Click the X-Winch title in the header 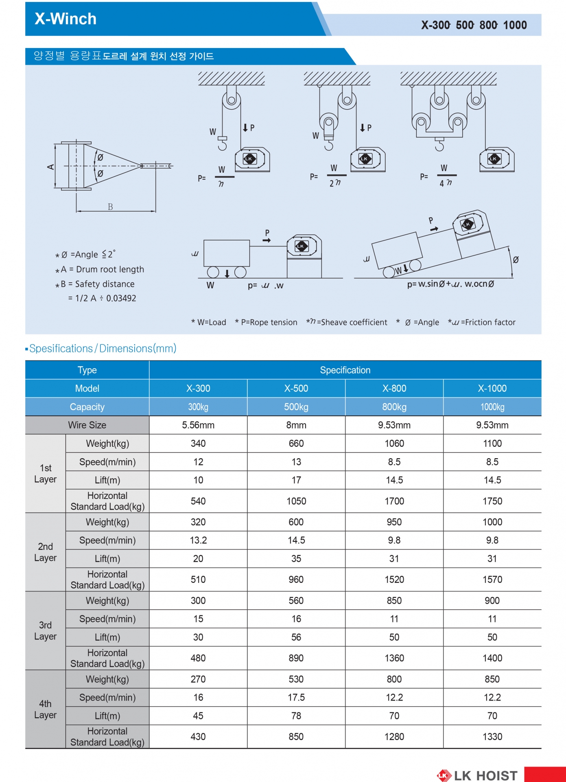point(66,19)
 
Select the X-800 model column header point(394,389)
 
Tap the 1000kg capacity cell point(492,407)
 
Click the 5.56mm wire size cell point(198,425)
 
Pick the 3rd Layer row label point(45,630)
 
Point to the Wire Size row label point(87,425)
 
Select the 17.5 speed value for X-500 point(296,698)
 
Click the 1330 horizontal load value point(492,737)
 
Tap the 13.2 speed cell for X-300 point(198,540)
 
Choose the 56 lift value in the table point(296,637)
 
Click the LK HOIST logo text point(486,775)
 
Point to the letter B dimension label point(110,207)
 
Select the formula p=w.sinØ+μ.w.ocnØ point(450,284)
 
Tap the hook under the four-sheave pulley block point(439,145)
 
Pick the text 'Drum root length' point(110,270)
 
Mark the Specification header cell point(345,370)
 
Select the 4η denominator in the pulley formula point(446,183)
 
